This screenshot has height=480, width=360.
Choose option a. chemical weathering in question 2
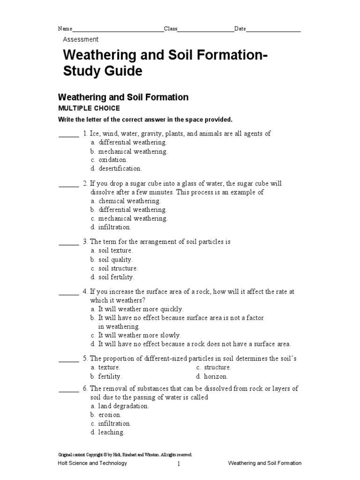pos(126,201)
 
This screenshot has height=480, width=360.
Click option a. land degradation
pos(120,406)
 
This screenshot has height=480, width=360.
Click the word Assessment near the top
pos(81,40)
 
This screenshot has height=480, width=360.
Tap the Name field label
pos(65,29)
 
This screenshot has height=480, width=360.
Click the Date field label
pos(240,29)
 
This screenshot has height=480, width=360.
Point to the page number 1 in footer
pos(179,464)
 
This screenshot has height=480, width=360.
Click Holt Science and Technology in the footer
pos(92,463)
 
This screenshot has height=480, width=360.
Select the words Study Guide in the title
pos(102,72)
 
